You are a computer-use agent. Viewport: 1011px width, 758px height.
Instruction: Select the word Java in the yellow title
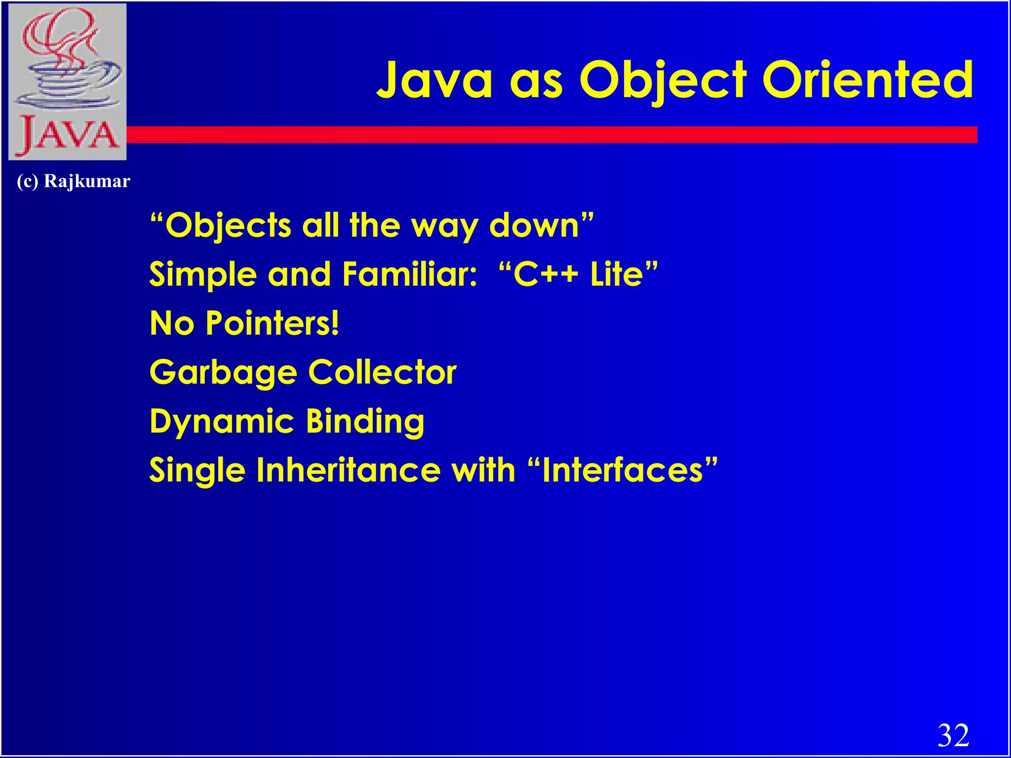click(434, 80)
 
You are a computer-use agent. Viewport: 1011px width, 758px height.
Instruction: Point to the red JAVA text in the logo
click(68, 135)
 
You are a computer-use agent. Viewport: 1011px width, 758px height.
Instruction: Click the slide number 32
click(953, 736)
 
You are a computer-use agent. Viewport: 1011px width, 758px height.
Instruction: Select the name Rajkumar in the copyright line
click(87, 181)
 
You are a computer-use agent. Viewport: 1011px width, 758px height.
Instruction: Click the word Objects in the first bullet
click(228, 226)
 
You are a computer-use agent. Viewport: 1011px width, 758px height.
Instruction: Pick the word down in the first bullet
click(534, 226)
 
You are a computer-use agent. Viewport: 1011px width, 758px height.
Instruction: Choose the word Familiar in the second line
click(409, 274)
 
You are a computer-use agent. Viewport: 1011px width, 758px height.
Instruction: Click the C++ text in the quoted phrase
click(545, 274)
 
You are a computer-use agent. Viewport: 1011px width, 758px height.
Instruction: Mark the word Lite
click(617, 274)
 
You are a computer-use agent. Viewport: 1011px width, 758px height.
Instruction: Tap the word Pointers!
click(272, 323)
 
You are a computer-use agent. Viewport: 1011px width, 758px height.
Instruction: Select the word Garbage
click(223, 373)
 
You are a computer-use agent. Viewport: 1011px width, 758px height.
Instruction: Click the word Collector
click(382, 373)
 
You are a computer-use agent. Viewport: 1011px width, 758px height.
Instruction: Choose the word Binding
click(365, 421)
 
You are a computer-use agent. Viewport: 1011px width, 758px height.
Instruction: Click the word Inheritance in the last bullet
click(348, 470)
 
